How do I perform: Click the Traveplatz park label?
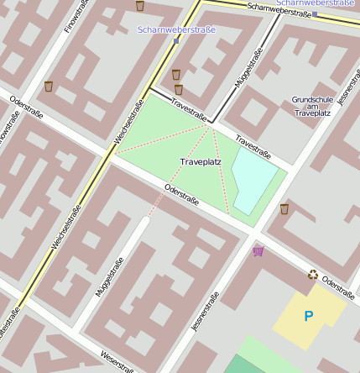coord(201,160)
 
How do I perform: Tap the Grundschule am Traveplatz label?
coord(312,106)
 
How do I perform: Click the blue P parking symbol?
coord(308,316)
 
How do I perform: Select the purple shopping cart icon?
coord(258,251)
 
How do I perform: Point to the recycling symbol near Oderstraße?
coord(313,274)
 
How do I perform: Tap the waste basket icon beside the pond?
coord(284,208)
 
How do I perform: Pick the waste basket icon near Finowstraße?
coord(49,87)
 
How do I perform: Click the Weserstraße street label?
coord(117,361)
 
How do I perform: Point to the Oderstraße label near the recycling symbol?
coord(339,288)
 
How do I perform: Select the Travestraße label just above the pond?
coord(253,147)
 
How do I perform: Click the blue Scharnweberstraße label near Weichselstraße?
coord(176,30)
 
